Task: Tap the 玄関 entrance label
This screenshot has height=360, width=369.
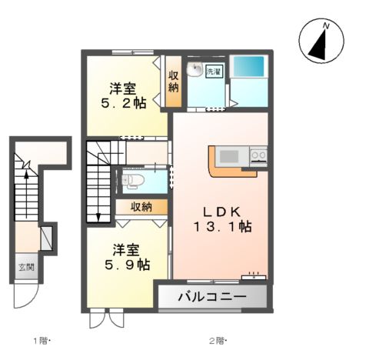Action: pyautogui.click(x=26, y=268)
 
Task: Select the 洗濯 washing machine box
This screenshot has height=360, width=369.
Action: pyautogui.click(x=212, y=72)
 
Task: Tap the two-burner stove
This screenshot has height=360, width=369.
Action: pyautogui.click(x=258, y=156)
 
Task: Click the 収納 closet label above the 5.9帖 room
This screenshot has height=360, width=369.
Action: pyautogui.click(x=140, y=206)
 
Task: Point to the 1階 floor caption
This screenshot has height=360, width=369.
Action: pyautogui.click(x=41, y=339)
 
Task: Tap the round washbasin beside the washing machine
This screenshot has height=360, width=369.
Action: pyautogui.click(x=195, y=68)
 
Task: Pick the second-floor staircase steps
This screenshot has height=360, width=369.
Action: pyautogui.click(x=98, y=181)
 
